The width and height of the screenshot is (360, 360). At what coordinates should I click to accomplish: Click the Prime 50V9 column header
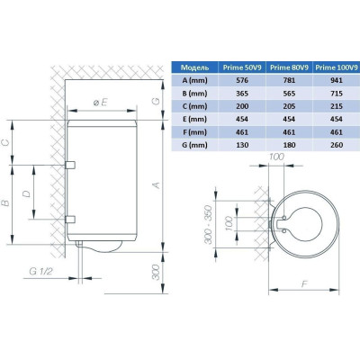[242, 67]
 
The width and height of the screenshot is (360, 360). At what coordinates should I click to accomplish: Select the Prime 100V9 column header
[337, 67]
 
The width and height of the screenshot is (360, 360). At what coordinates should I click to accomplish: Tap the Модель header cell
[195, 67]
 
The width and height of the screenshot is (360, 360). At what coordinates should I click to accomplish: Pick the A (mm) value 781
[289, 80]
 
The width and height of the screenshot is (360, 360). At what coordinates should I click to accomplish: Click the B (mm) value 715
[337, 94]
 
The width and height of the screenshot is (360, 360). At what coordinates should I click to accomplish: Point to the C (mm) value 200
[242, 106]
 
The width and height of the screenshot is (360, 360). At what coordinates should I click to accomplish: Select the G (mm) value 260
[337, 145]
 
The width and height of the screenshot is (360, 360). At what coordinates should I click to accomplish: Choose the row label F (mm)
[194, 132]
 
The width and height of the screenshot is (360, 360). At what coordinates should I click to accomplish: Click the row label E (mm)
[194, 119]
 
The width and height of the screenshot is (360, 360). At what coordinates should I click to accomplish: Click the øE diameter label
[100, 103]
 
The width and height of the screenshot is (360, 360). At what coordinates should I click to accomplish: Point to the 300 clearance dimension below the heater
[157, 272]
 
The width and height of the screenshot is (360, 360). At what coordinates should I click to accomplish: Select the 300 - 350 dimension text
[209, 224]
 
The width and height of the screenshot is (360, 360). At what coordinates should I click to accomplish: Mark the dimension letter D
[27, 193]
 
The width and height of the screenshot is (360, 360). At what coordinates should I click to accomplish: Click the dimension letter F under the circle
[304, 283]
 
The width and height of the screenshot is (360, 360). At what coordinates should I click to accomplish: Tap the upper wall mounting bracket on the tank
[70, 165]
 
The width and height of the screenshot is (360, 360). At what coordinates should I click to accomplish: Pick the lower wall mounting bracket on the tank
[70, 220]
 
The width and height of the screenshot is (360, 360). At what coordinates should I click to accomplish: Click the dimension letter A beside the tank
[157, 185]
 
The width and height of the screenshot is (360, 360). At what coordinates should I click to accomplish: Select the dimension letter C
[6, 143]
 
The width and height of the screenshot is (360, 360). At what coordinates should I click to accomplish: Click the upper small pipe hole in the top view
[283, 217]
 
